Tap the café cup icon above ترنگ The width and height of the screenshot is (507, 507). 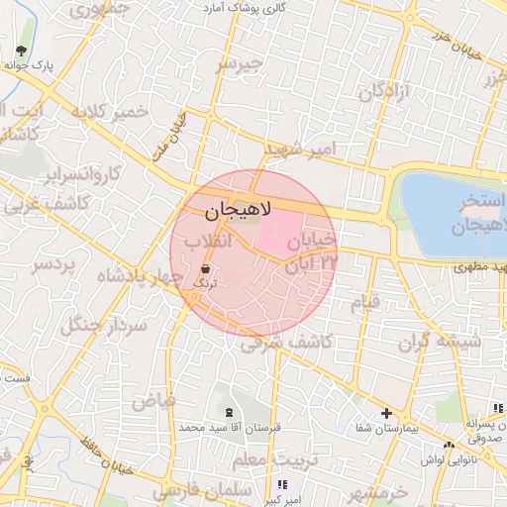coord(205,268)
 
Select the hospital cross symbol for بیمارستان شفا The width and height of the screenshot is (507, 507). coord(386,413)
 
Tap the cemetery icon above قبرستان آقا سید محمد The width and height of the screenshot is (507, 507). coord(230,412)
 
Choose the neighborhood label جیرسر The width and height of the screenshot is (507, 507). coord(241,64)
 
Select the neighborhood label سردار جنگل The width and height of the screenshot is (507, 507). coord(103,315)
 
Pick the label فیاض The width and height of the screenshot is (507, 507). coord(153,400)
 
